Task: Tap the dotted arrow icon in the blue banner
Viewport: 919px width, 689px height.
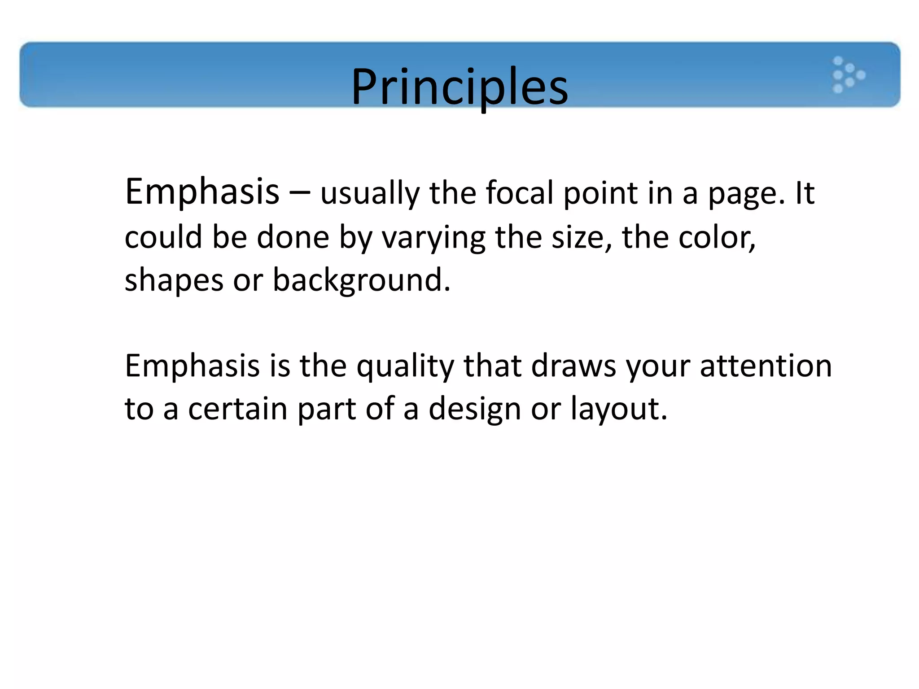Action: pos(848,75)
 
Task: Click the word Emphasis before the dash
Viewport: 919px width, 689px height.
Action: pos(202,192)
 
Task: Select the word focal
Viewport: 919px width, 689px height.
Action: pos(519,193)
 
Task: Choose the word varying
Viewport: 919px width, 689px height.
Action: pos(433,238)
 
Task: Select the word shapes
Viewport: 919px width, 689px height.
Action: pos(174,281)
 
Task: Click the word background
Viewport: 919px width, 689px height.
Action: pos(361,281)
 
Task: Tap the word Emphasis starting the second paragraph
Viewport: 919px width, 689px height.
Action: pos(192,366)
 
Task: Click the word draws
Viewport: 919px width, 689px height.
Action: pos(573,366)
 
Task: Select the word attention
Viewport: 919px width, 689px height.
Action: pos(766,366)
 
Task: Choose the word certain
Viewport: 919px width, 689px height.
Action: pos(237,409)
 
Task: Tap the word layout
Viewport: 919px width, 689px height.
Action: pos(618,410)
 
